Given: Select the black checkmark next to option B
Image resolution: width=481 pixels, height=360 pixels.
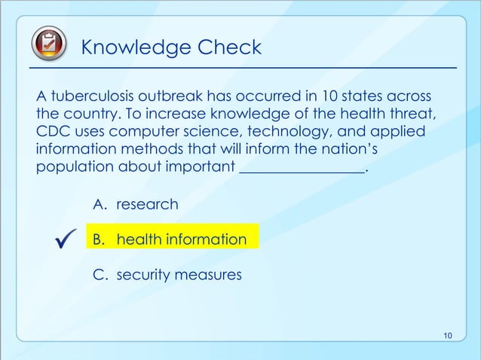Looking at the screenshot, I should (x=63, y=240).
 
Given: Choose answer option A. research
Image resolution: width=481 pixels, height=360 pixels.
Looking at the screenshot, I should (x=136, y=204).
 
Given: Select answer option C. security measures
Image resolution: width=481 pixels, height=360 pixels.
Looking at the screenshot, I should (x=167, y=275).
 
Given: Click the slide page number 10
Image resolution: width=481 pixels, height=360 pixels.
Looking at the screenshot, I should (x=448, y=335).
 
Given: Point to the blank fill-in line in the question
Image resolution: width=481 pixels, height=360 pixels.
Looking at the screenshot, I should (x=302, y=168).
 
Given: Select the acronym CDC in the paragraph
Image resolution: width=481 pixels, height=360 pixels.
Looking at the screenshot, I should (x=51, y=132).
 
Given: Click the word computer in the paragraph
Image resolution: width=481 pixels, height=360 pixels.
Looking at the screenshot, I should (x=151, y=132).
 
